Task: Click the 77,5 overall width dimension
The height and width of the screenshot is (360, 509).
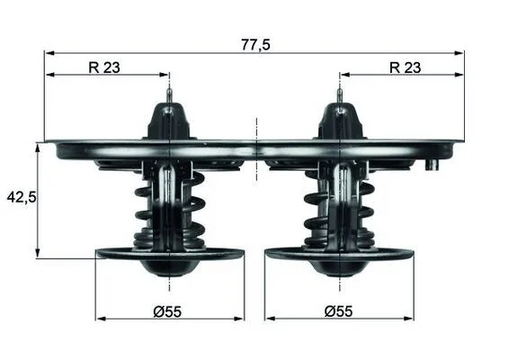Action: (255, 45)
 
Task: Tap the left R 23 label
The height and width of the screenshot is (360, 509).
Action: (104, 67)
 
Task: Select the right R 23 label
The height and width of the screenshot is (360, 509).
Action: (405, 67)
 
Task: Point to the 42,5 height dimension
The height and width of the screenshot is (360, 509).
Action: (22, 197)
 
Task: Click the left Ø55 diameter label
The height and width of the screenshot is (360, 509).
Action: (167, 311)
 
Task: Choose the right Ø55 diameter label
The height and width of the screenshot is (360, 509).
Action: (338, 311)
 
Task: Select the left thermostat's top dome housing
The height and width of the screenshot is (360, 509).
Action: (169, 121)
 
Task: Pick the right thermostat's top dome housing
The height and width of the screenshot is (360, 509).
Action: (340, 121)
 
